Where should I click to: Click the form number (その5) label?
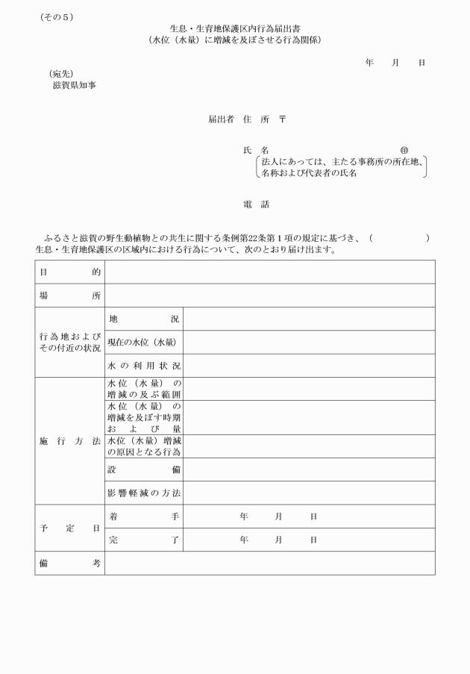57,17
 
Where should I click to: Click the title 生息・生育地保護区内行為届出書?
235,28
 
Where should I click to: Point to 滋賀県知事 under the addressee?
74,85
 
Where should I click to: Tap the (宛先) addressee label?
61,74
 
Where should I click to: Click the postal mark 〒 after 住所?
283,119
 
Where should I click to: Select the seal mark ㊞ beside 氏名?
404,150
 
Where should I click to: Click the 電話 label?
256,204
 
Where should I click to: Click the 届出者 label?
221,119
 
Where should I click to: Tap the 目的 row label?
69,272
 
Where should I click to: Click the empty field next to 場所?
269,296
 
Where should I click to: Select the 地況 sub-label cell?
144,319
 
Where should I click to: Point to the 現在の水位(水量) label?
142,342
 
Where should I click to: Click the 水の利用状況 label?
144,366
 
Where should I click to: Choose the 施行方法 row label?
69,441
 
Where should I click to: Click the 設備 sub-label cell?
144,469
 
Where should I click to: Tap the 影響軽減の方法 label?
144,493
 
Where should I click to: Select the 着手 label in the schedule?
144,516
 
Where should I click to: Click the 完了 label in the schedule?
144,539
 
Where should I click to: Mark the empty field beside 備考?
269,564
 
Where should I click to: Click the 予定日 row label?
69,528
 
